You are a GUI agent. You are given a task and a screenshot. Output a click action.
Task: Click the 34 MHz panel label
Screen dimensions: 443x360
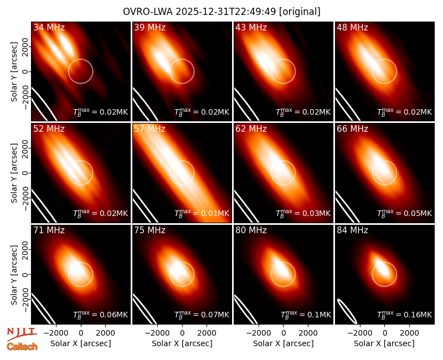[x=49, y=27]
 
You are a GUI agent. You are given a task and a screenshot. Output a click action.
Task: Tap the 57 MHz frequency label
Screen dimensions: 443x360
[x=150, y=129]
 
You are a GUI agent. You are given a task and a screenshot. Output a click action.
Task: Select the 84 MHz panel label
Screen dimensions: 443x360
[x=352, y=230]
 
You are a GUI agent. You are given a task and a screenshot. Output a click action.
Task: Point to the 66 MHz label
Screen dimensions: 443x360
[x=352, y=129]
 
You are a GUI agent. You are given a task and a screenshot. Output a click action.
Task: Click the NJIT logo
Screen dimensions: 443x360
[x=22, y=334]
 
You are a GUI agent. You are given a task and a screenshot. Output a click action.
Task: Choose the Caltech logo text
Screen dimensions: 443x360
[x=22, y=347]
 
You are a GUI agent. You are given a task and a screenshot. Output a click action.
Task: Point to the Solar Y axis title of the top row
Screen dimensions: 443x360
[x=14, y=72]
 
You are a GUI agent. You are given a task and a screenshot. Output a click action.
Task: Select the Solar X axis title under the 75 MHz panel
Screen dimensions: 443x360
[x=182, y=343]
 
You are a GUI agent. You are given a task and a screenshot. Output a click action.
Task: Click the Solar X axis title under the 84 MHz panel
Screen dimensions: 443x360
[x=384, y=343]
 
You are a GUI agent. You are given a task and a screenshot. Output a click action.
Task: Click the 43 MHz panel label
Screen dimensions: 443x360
[x=251, y=27]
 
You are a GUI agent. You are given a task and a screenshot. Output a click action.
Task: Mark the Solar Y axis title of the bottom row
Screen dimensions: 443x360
[x=14, y=275]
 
